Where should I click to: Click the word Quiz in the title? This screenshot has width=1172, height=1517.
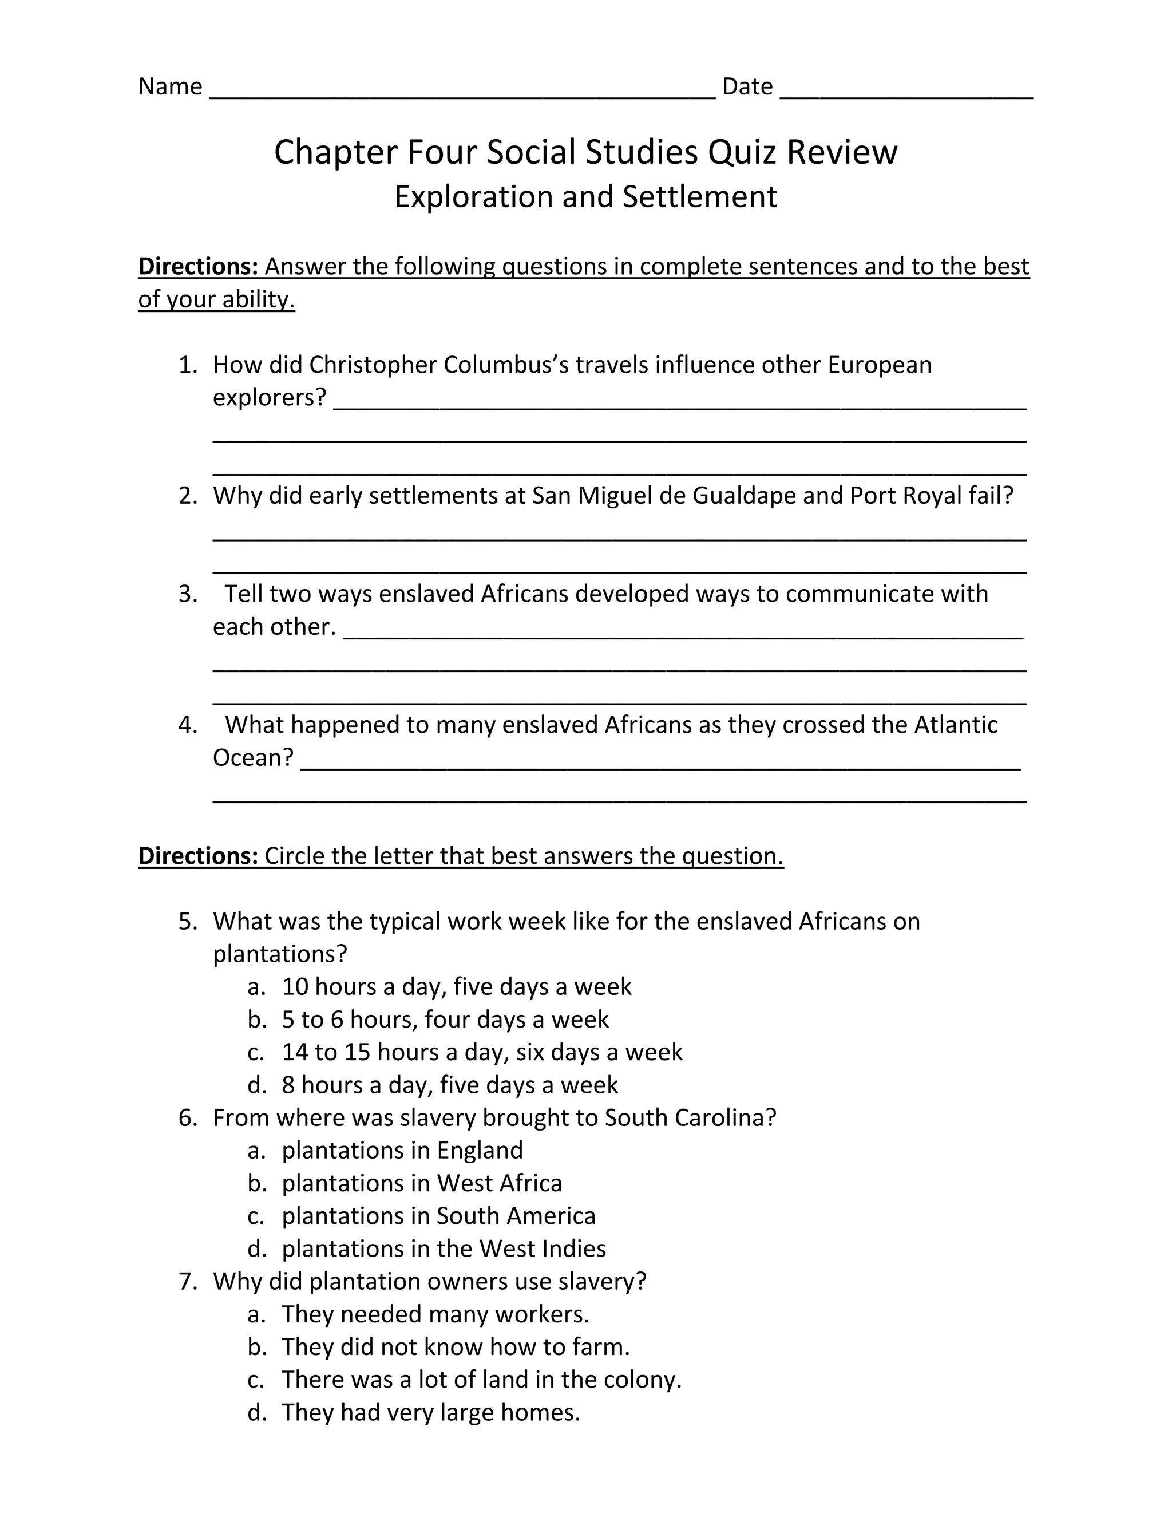tap(742, 152)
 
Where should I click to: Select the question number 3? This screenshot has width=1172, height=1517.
tap(188, 594)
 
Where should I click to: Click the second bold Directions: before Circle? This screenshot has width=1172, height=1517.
tap(198, 856)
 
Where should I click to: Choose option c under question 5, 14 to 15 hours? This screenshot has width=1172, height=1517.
tap(481, 1052)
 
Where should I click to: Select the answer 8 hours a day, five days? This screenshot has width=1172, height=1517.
tap(449, 1085)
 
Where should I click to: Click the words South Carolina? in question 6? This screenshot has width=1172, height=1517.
tap(690, 1117)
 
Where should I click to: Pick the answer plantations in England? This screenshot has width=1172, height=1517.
tap(402, 1150)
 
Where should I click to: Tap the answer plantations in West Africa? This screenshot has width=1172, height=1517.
tap(421, 1183)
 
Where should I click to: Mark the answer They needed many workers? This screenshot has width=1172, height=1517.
tap(435, 1314)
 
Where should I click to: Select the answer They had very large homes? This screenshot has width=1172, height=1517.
tap(430, 1412)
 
